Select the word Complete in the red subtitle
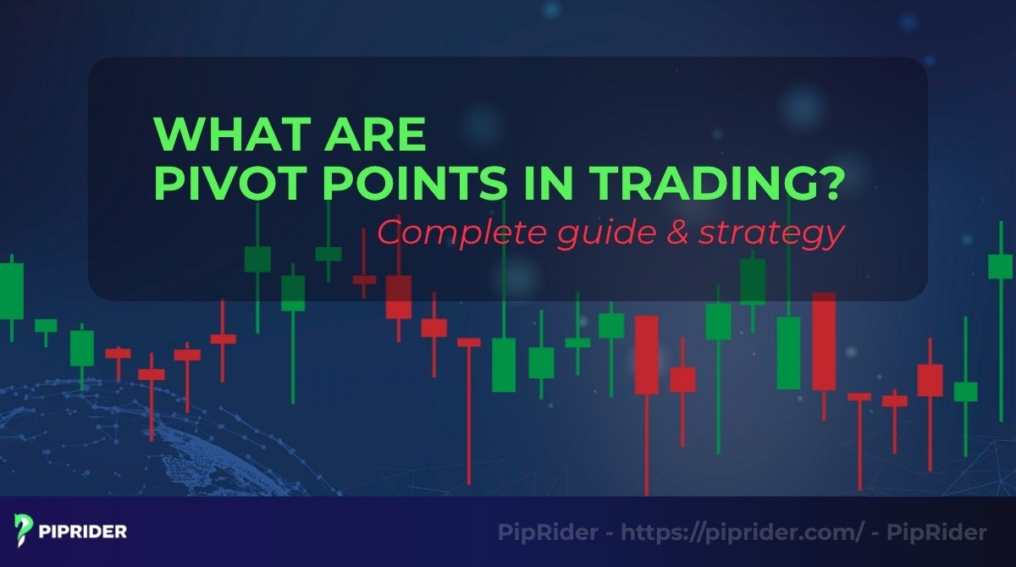(448, 234)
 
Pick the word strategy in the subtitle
(770, 234)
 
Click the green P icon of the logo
(24, 531)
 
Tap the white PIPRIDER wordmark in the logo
(83, 532)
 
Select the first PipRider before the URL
(550, 532)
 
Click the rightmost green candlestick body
(1001, 267)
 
